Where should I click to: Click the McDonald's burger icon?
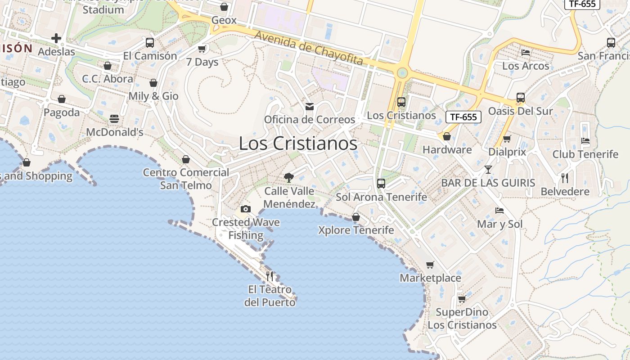point(114,119)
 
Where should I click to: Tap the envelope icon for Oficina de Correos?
point(310,107)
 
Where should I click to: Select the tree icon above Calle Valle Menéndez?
point(289,177)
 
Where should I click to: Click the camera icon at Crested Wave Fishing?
point(245,209)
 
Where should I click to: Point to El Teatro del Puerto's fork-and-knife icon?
point(270,276)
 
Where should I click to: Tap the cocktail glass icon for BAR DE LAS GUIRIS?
point(488,170)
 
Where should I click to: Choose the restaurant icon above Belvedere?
point(565,178)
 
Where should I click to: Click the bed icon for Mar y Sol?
point(499,210)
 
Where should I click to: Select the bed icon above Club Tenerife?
point(585,141)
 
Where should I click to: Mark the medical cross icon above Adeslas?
point(56,38)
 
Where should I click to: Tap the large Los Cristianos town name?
point(298,144)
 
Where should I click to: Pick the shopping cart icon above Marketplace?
point(430,265)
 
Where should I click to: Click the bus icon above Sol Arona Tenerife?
point(381,183)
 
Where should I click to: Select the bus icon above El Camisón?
point(150,43)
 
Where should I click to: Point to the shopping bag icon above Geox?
point(224,7)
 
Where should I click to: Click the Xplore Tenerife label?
point(356,230)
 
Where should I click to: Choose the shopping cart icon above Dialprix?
point(507,139)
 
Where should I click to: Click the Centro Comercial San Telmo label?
point(186,179)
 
